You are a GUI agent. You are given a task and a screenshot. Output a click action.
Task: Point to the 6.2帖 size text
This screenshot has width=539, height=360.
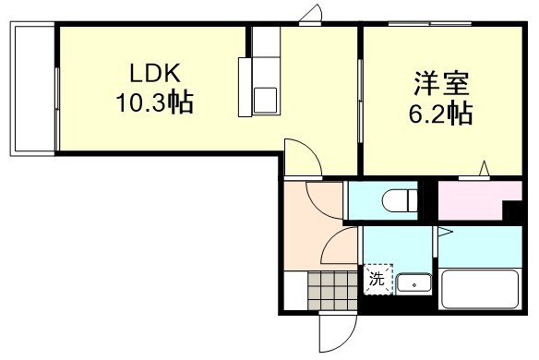(442, 114)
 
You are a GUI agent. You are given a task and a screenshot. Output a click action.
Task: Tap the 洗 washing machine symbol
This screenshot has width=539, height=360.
(377, 278)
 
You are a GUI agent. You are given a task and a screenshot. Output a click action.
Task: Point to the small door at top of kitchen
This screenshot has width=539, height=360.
(313, 16)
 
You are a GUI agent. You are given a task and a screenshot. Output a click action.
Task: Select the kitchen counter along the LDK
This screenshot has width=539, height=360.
(265, 65)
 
